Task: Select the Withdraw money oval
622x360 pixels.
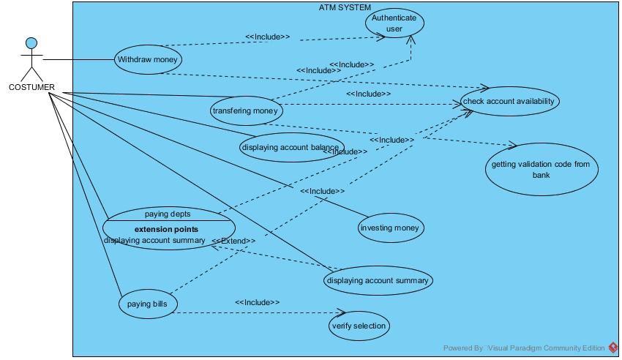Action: pos(148,60)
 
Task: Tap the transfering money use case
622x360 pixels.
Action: pos(245,111)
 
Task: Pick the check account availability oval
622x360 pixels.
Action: pos(509,101)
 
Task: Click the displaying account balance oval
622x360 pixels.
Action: pos(291,148)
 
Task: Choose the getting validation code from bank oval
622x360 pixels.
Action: pos(541,169)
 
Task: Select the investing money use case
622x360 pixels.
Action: pos(391,228)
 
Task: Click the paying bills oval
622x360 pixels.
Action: pos(148,304)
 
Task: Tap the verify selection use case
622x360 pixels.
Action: pos(358,326)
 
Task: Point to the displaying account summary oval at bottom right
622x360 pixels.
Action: pos(378,280)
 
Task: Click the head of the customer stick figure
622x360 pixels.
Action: pos(31,44)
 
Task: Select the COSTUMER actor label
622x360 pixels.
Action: pos(31,87)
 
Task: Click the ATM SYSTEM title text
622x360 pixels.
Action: pos(345,7)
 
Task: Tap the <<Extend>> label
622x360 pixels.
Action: pos(233,241)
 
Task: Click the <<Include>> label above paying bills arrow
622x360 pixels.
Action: pos(257,302)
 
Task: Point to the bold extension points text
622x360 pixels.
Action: pos(166,229)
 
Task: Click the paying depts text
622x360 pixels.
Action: pos(168,214)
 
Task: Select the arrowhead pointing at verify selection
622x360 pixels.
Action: pos(340,312)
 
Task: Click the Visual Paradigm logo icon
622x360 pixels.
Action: pos(612,348)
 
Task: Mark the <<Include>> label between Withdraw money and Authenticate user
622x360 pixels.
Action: pos(267,37)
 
